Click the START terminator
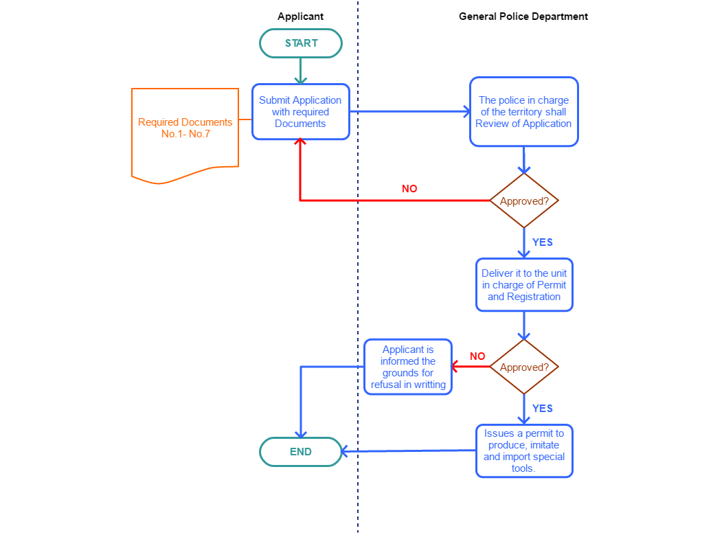pyautogui.click(x=301, y=43)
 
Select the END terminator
pyautogui.click(x=301, y=452)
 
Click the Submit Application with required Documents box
pyautogui.click(x=301, y=112)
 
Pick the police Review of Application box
pyautogui.click(x=523, y=112)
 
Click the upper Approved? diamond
pyautogui.click(x=524, y=201)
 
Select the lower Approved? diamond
pyautogui.click(x=524, y=367)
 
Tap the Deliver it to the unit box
pyautogui.click(x=524, y=285)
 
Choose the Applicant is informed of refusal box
pyautogui.click(x=408, y=367)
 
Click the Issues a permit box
pyautogui.click(x=524, y=451)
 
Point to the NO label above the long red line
pyautogui.click(x=409, y=189)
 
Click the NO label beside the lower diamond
pyautogui.click(x=477, y=356)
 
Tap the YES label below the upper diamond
pyautogui.click(x=542, y=242)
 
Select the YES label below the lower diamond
pyautogui.click(x=542, y=409)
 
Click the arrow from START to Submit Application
pyautogui.click(x=301, y=70)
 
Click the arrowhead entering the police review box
pyautogui.click(x=465, y=111)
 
